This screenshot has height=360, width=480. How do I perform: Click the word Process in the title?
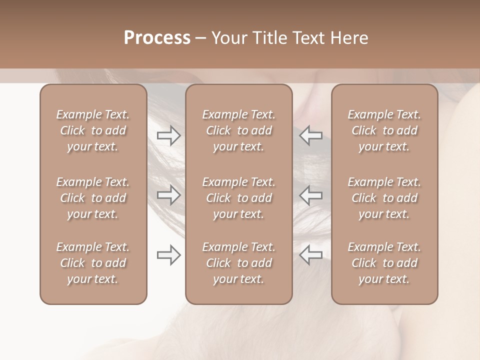pos(157,38)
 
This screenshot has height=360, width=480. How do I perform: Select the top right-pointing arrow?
pos(169,135)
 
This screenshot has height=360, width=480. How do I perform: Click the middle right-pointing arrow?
pos(169,195)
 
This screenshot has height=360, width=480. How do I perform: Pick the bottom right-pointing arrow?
pos(169,255)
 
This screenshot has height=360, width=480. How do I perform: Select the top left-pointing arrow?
pos(310,135)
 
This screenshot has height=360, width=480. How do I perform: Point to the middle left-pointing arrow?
pos(310,195)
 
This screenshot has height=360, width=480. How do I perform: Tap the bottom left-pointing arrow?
pos(310,255)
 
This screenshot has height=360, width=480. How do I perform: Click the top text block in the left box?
pos(93,130)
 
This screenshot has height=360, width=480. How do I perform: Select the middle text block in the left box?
pos(93,198)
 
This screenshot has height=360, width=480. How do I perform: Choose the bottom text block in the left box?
pos(93,263)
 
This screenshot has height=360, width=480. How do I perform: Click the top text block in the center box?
pos(238,130)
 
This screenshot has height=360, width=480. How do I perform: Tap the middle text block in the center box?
pos(238,198)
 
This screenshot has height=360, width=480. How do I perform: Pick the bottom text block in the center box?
pos(238,263)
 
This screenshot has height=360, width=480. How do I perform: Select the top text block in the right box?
pos(384,130)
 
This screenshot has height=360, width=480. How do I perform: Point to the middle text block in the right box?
pos(384,198)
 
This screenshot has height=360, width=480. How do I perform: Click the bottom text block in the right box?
pos(384,263)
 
